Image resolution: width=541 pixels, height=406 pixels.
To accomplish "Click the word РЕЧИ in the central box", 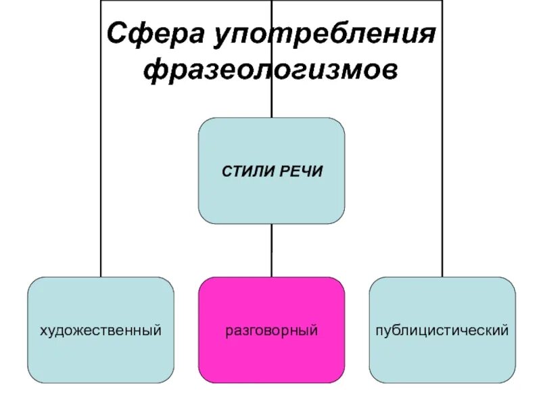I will (x=300, y=171).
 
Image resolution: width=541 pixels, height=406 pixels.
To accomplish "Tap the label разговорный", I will (x=271, y=331).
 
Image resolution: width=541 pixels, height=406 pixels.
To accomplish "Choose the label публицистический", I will (x=442, y=331).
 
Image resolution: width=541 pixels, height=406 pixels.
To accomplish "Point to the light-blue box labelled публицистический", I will (x=442, y=359).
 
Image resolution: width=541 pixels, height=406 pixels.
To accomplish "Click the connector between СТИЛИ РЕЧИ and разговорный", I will (x=271, y=250).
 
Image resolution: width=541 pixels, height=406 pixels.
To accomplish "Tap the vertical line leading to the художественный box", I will (x=101, y=169).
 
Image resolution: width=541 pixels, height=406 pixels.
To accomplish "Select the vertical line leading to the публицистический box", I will (x=442, y=169).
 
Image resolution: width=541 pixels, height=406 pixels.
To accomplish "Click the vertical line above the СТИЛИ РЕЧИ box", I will (x=271, y=101).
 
